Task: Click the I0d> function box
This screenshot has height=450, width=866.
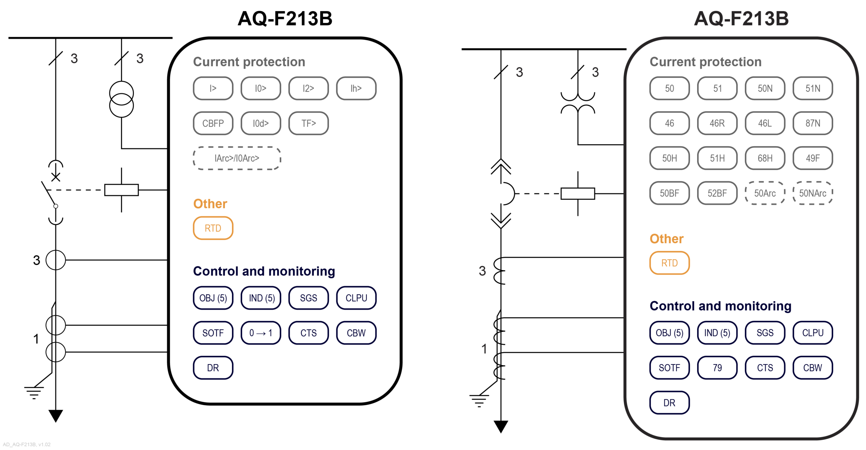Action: [260, 123]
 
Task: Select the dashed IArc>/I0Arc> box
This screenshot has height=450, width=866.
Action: [237, 158]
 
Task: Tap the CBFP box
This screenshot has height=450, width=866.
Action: [213, 123]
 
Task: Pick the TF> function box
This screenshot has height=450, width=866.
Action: [308, 123]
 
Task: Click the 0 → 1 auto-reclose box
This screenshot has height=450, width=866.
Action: [260, 333]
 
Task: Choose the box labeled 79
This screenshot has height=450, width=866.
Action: [717, 368]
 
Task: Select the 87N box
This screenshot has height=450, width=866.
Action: [812, 123]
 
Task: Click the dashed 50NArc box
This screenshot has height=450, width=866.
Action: [812, 193]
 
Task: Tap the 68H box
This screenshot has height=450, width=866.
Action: [765, 158]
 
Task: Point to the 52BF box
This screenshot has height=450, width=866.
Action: [717, 193]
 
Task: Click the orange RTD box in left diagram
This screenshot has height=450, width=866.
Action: [213, 228]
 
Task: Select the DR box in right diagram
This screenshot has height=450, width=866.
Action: [669, 403]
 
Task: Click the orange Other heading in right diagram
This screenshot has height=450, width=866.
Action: [666, 239]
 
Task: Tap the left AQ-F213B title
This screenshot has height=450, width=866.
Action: [285, 19]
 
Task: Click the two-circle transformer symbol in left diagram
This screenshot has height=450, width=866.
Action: [121, 99]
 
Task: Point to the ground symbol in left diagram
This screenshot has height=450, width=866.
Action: [34, 392]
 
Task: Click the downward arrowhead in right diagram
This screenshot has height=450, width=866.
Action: [501, 426]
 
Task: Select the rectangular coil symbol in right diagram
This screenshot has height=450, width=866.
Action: [577, 194]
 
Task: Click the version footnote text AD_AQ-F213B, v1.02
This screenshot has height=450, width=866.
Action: [27, 445]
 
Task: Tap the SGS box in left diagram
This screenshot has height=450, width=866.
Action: [308, 298]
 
